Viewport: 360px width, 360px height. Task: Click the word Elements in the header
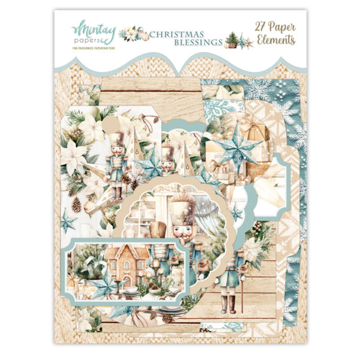point(275,41)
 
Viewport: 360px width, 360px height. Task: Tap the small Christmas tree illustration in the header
point(231,40)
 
